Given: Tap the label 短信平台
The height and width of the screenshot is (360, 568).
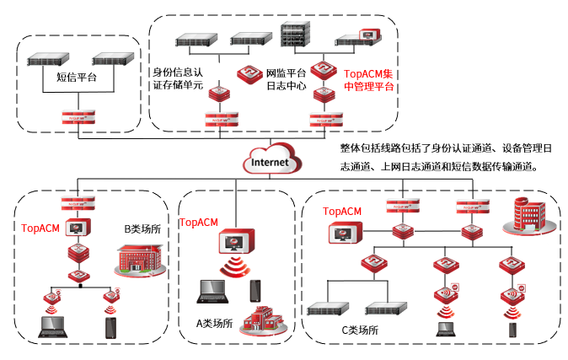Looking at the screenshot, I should coord(76,78).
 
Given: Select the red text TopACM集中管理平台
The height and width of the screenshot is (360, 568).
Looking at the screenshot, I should coord(368,80).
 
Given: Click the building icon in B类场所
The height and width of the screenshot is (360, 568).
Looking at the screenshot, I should coord(137,258).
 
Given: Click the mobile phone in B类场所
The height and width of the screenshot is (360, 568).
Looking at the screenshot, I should coord(110,328).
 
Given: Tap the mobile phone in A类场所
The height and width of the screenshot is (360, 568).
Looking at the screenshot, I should coord(255,289).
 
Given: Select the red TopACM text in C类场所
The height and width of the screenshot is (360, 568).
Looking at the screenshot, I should coord(343,211).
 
